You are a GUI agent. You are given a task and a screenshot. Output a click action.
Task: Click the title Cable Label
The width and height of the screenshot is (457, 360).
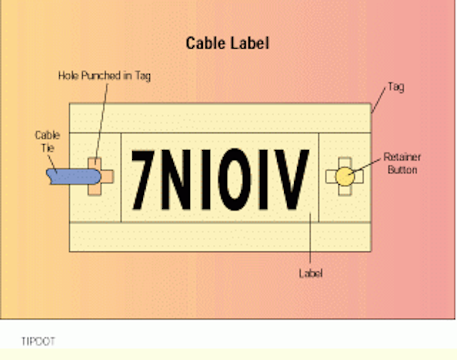coord(227,43)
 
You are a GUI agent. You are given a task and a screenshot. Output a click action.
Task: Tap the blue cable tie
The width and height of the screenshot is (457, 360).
coord(74,176)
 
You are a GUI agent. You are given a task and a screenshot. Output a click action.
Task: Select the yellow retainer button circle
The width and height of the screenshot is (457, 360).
coord(345,176)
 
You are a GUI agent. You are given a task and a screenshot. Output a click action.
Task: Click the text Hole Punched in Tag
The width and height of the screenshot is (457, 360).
coord(104,76)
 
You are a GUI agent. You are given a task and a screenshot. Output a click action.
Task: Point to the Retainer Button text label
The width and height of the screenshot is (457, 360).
coord(402,164)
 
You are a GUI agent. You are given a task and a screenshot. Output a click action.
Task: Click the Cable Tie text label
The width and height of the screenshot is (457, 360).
coord(48,141)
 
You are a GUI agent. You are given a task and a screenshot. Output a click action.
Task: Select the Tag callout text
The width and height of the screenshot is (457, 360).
coord(396,87)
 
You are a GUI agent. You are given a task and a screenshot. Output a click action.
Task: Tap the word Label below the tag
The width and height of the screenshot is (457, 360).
coord(311,274)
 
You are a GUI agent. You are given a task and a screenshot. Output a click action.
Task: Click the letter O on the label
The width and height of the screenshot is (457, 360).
coord(234,179)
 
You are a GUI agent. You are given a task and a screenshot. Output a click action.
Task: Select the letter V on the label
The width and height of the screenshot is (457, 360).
coord(292,179)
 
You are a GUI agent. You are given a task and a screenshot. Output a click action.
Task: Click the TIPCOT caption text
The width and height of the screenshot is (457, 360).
coord(38,341)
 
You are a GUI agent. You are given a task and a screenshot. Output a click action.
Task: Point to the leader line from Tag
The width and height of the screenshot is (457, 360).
coord(378,100)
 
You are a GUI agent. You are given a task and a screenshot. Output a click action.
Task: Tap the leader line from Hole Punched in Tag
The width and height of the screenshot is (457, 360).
coord(101,122)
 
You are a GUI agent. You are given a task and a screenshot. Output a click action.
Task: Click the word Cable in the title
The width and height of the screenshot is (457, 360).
coord(205,43)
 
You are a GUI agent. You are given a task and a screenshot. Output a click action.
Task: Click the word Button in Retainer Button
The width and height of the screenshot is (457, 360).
coord(402,170)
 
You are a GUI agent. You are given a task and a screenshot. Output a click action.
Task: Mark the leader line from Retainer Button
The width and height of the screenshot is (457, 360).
coord(366,166)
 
